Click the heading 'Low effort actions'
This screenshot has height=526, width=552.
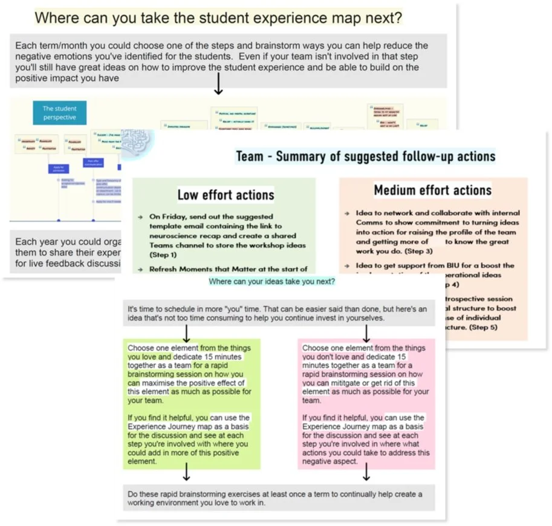tap(226, 195)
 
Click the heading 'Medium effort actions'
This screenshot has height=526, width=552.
tap(432, 190)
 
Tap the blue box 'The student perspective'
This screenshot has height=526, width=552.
tap(59, 113)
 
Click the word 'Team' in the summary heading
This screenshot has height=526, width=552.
tap(249, 157)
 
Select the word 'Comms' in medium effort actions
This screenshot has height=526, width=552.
tap(370, 222)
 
